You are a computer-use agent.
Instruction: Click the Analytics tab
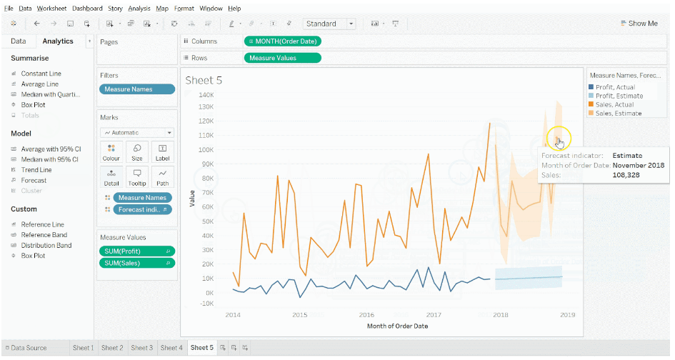[x=57, y=41]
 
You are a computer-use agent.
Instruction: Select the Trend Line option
[x=36, y=170]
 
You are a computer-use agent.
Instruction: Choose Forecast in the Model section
[x=34, y=181]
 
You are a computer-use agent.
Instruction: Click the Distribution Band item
[x=46, y=245]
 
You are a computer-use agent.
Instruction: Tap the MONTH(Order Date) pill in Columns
[x=283, y=41]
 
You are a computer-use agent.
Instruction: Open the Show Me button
[x=639, y=24]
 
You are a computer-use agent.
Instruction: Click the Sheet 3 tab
[x=141, y=348]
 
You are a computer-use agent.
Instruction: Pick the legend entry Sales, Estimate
[x=619, y=113]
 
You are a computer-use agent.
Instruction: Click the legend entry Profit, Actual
[x=615, y=87]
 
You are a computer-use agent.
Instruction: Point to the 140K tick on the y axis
[x=206, y=94]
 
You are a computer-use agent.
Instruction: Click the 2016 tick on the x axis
[x=366, y=314]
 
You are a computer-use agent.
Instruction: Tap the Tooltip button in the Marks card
[x=136, y=176]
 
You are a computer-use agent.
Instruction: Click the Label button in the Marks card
[x=162, y=151]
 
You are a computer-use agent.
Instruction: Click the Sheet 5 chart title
[x=204, y=80]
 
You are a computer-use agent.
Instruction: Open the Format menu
[x=184, y=8]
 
